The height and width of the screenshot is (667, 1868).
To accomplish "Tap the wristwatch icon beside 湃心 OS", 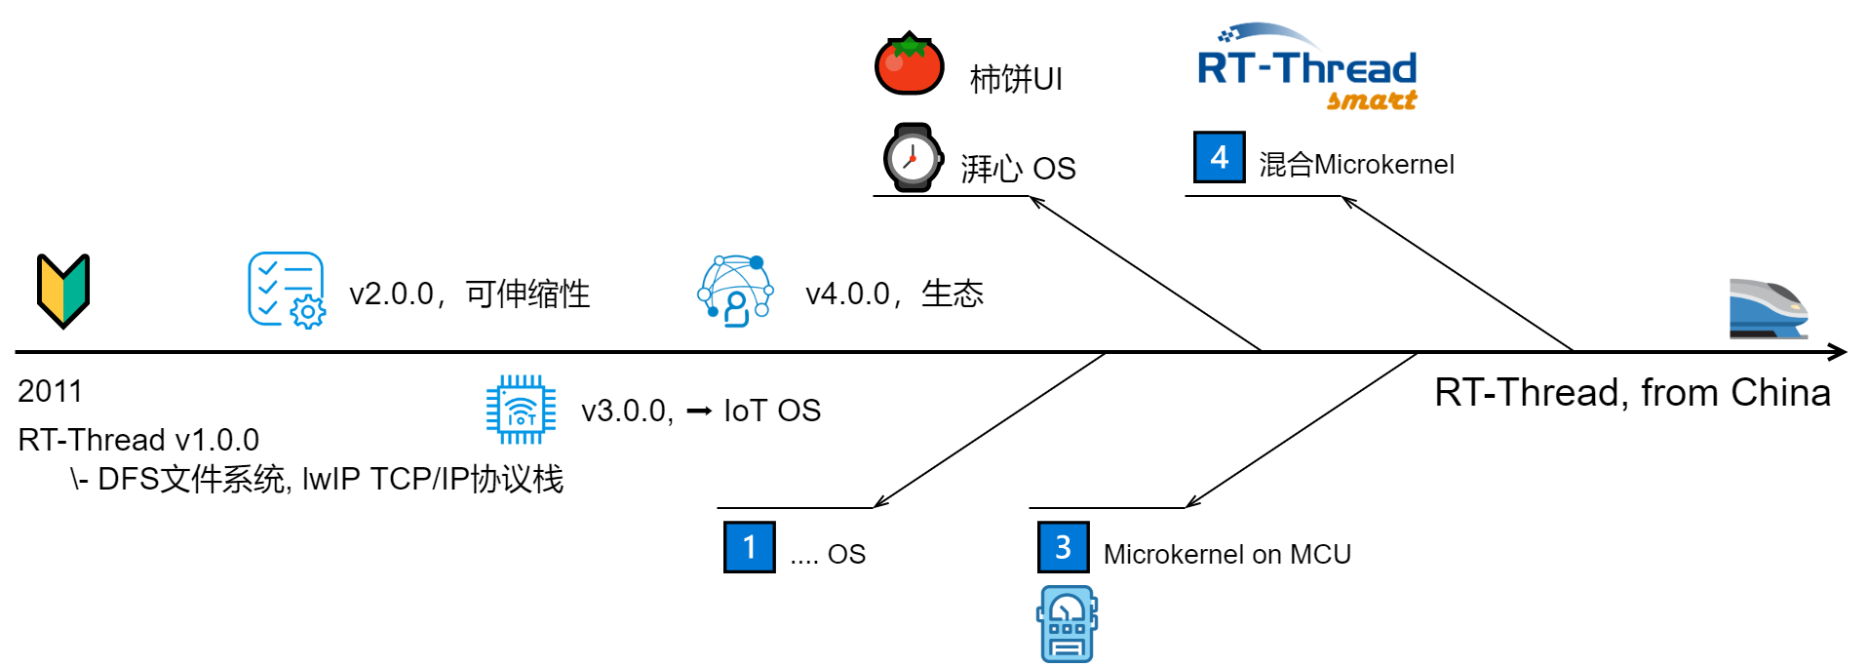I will point(913,158).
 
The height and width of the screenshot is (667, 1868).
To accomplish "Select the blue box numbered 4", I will point(1219,157).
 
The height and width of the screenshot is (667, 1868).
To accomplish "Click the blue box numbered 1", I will point(749,547).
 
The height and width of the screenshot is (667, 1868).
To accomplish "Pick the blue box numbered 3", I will point(1063,547).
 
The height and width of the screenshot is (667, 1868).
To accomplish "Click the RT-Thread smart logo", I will point(1306,68).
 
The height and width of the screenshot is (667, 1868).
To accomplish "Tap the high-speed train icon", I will point(1767,308).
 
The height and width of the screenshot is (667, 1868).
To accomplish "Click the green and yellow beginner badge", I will point(63,291).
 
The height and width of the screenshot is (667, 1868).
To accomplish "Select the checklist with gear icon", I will point(286,290).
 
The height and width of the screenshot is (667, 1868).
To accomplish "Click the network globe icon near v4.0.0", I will point(736,291).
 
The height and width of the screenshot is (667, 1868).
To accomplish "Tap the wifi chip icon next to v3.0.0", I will point(521,410).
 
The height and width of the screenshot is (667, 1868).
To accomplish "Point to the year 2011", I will point(50,391).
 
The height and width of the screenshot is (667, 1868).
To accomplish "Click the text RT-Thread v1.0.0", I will point(138,440).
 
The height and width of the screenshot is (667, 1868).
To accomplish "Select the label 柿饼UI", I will point(1015,79).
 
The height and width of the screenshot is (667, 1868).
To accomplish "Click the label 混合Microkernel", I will point(1355,164).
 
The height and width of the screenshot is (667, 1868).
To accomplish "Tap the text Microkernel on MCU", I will point(1226,554).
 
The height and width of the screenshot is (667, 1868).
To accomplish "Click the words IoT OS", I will point(771,411).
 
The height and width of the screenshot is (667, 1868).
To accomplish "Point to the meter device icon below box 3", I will point(1067,624).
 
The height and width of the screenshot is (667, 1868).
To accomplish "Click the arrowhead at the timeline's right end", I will point(1837,352).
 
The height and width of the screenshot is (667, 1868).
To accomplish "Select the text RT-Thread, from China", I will point(1632,392).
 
